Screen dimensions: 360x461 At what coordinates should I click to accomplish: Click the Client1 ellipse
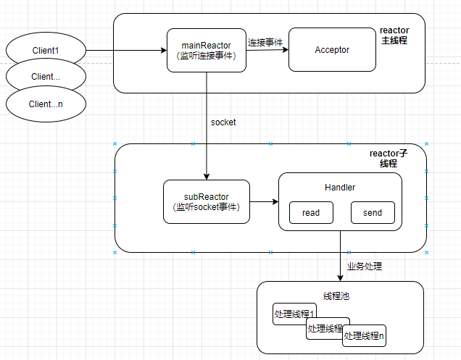(x=45, y=51)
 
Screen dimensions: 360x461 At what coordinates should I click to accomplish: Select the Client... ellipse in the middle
(x=45, y=75)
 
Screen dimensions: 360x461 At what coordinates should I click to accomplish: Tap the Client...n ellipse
(x=45, y=104)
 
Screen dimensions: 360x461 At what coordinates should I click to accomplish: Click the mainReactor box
(x=206, y=50)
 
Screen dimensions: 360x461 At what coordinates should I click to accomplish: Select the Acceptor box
(x=332, y=50)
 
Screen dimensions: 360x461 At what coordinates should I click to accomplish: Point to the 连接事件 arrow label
(x=265, y=43)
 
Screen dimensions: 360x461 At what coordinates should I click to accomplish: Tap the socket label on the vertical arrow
(x=223, y=122)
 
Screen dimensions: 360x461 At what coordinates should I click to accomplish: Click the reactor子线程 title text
(x=389, y=159)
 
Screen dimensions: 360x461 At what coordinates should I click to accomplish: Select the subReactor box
(x=207, y=201)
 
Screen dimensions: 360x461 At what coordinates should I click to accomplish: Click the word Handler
(x=340, y=188)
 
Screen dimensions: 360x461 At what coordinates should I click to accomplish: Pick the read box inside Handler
(x=311, y=213)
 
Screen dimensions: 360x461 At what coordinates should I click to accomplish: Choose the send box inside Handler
(x=373, y=213)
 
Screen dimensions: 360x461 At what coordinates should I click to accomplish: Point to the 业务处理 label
(x=365, y=267)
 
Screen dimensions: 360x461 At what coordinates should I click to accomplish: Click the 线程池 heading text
(x=340, y=297)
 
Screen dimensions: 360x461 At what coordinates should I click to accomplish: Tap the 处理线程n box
(x=365, y=336)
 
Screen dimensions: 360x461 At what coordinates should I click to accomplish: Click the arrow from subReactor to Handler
(x=264, y=201)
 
